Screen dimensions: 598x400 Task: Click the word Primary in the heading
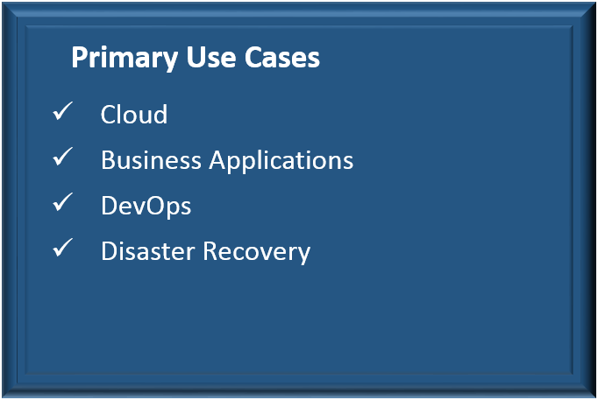pos(125,59)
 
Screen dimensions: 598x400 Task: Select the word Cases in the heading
pos(281,58)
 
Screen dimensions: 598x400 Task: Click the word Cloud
pos(134,114)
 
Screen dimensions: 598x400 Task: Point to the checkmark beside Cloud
pos(62,111)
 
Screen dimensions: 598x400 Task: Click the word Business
pos(151,160)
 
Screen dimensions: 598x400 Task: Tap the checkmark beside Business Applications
pos(62,157)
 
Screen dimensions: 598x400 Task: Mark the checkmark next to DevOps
pos(62,201)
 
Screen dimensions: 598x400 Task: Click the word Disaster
pos(148,251)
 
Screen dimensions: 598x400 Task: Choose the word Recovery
pos(257,253)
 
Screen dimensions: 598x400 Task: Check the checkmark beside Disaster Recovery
pos(62,248)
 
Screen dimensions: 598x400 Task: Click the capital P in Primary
pos(79,58)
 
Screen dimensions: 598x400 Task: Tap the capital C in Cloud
pos(108,114)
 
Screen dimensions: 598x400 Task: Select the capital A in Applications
pos(217,160)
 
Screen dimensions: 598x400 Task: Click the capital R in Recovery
pos(210,251)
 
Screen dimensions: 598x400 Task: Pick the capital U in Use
pos(196,58)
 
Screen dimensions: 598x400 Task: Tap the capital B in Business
pos(108,160)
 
